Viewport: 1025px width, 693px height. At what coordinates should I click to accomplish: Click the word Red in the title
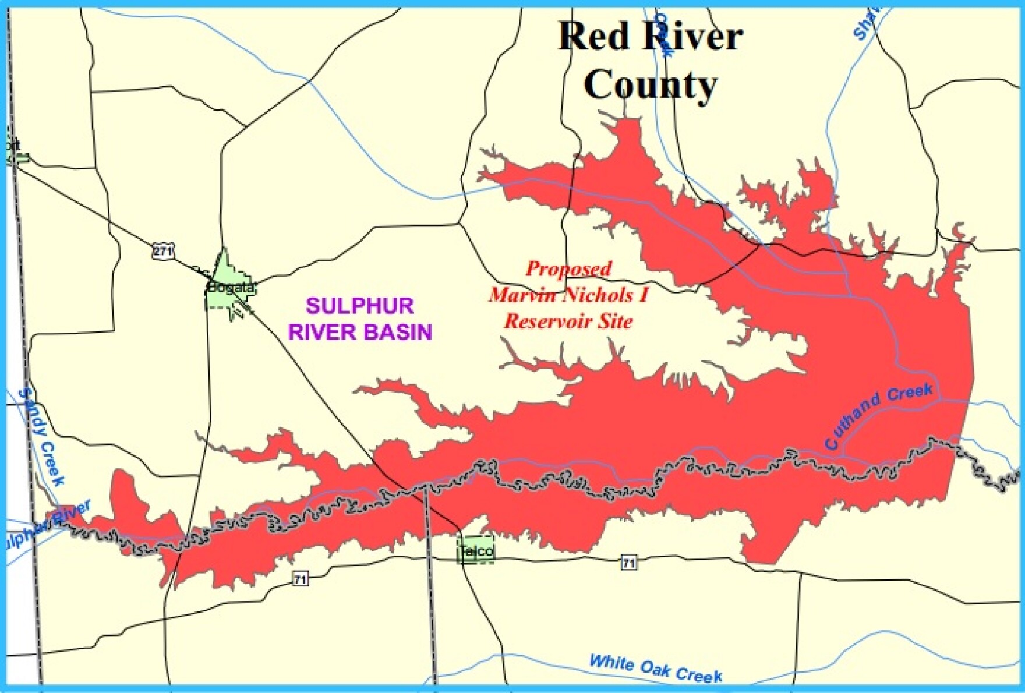[x=593, y=37]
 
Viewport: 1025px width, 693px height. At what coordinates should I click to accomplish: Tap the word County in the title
[x=650, y=85]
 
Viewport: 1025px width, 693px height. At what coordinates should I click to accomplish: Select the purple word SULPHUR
[x=360, y=306]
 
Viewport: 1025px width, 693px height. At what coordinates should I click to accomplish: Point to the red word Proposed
[x=568, y=268]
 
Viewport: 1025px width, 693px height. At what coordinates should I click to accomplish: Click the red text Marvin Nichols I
[x=568, y=295]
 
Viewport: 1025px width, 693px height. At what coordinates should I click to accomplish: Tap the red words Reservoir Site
[x=568, y=321]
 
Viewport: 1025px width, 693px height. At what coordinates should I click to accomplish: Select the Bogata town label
[x=231, y=287]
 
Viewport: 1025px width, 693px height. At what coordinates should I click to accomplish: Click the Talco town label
[x=476, y=550]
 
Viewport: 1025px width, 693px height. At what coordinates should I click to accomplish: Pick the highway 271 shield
[x=162, y=252]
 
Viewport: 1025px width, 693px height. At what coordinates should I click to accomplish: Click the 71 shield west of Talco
[x=300, y=579]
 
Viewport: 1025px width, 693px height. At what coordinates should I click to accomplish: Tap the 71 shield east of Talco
[x=628, y=563]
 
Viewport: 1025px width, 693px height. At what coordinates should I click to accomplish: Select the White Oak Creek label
[x=655, y=668]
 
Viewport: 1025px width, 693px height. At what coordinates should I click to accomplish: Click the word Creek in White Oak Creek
[x=699, y=674]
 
